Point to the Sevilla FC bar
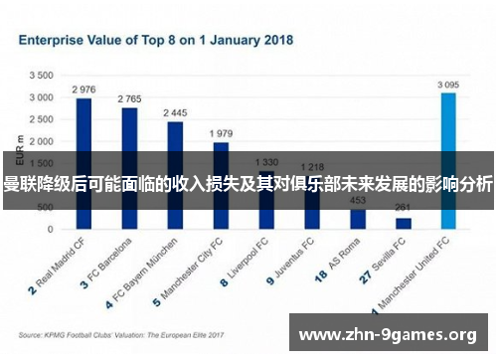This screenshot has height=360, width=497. [404, 223]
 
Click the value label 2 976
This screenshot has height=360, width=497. [83, 90]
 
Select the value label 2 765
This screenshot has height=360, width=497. [129, 99]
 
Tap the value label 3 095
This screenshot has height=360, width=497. [448, 85]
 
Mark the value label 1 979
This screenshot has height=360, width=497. [220, 133]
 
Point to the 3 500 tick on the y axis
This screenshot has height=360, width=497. [41, 75]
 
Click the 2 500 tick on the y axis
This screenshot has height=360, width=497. [41, 119]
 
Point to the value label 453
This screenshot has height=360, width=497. [358, 199]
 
